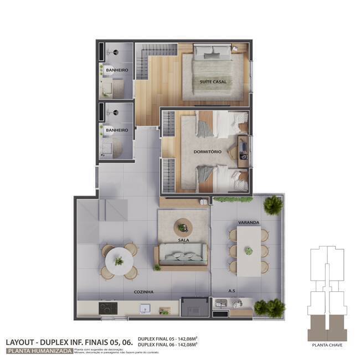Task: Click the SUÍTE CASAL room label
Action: (x=213, y=82)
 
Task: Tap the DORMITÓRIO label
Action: (x=208, y=151)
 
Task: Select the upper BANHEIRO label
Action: (x=117, y=70)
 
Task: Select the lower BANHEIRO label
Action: (x=117, y=130)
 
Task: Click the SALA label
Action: (x=183, y=240)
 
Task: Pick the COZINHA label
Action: (x=143, y=291)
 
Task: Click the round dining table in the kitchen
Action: (x=119, y=258)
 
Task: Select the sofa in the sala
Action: (x=183, y=255)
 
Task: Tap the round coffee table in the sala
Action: (x=182, y=226)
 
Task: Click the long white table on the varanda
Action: (x=249, y=251)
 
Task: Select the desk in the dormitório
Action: (x=244, y=151)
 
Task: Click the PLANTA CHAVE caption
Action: (x=326, y=345)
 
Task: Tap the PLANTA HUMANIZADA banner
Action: (x=38, y=350)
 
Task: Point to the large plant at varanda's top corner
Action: (x=272, y=205)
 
